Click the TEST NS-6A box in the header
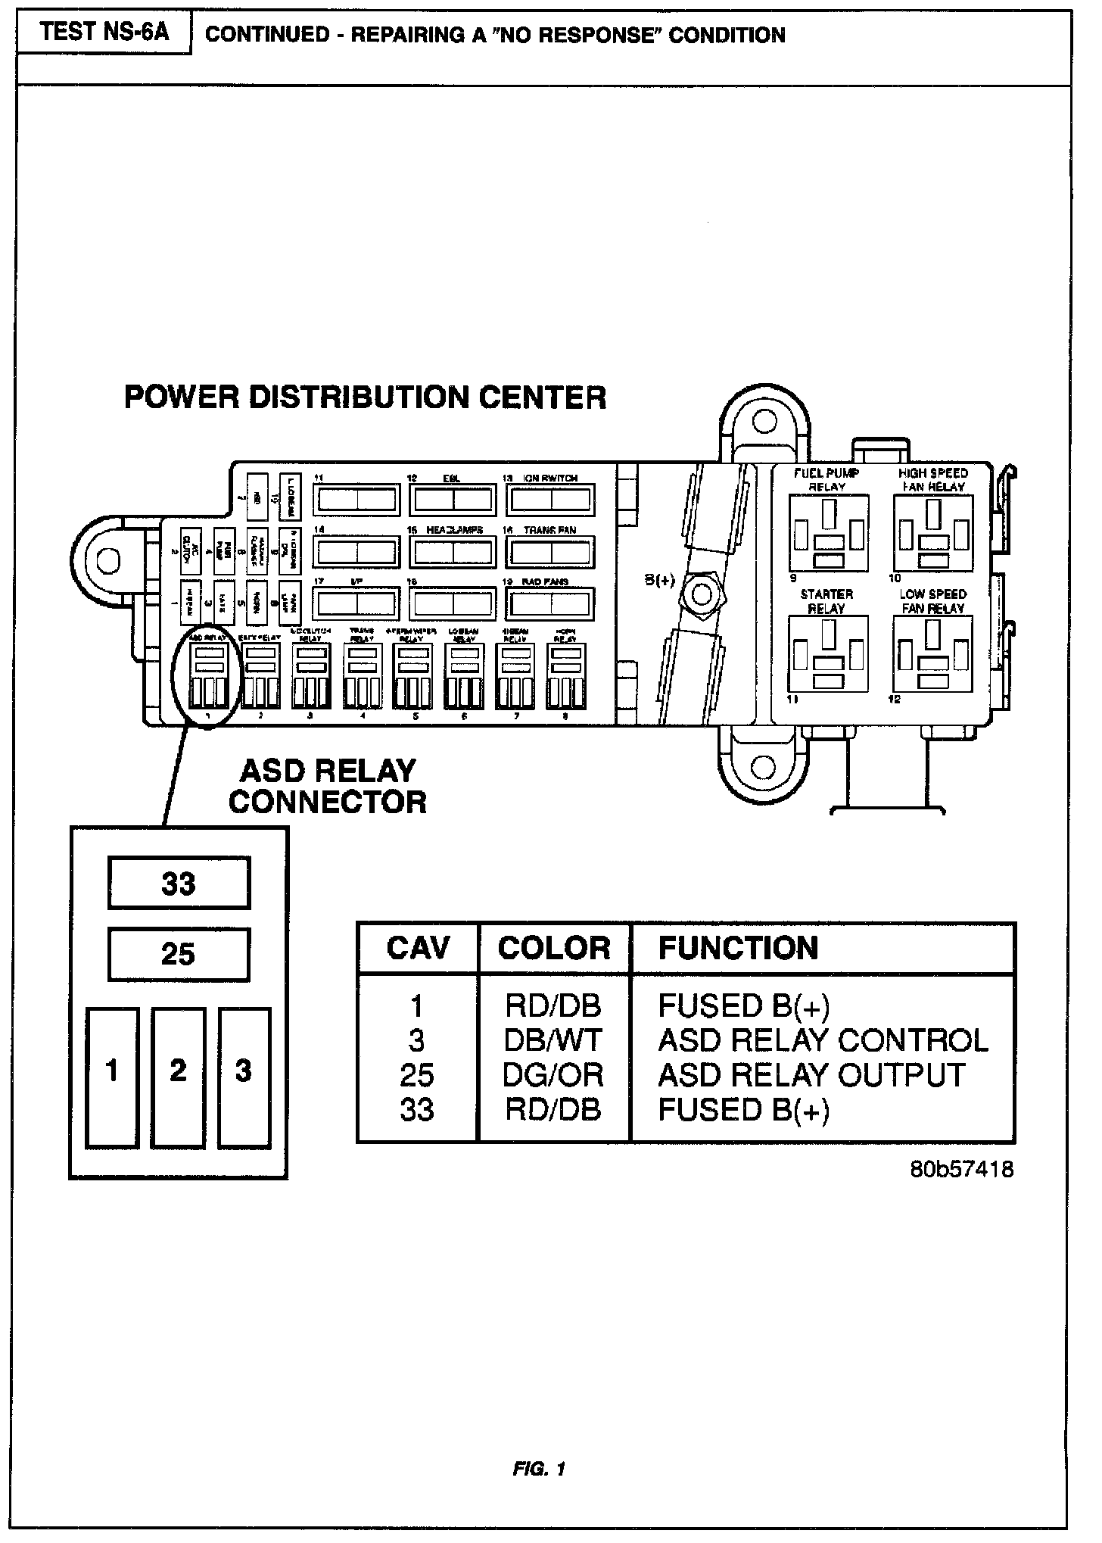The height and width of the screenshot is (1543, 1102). click(x=104, y=33)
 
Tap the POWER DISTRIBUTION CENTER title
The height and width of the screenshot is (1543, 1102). click(x=365, y=397)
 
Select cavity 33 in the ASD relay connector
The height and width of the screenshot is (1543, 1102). click(x=179, y=883)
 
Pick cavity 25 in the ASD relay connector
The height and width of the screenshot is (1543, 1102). click(x=179, y=954)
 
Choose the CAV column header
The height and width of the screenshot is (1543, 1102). click(x=418, y=948)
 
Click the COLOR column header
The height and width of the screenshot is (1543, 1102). click(x=554, y=948)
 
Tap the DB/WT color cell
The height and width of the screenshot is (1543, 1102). click(x=553, y=1040)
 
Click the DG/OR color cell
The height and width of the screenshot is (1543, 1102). click(x=553, y=1075)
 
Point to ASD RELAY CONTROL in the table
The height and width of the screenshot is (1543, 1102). click(x=823, y=1040)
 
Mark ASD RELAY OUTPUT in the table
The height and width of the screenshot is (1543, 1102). click(x=811, y=1075)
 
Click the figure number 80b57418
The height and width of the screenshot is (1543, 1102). click(x=962, y=1170)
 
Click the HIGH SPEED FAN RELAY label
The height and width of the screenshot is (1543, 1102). click(x=933, y=480)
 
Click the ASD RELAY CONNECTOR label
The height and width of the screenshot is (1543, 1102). click(x=328, y=787)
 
